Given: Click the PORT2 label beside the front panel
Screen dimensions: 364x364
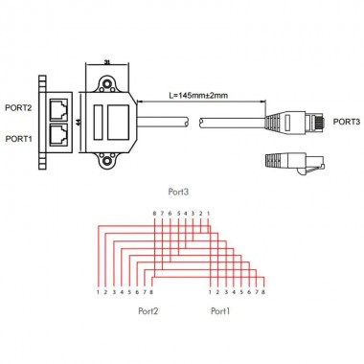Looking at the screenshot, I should [17, 107].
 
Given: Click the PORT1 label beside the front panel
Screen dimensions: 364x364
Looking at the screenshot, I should [17, 139].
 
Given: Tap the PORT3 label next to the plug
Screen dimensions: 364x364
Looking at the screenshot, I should [349, 123].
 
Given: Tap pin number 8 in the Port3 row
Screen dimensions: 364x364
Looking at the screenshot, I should [153, 213].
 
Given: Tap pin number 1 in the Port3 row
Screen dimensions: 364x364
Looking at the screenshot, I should [208, 213].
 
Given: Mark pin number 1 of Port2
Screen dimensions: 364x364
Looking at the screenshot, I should [98, 291].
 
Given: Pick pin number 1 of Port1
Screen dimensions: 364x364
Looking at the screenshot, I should [209, 291].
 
